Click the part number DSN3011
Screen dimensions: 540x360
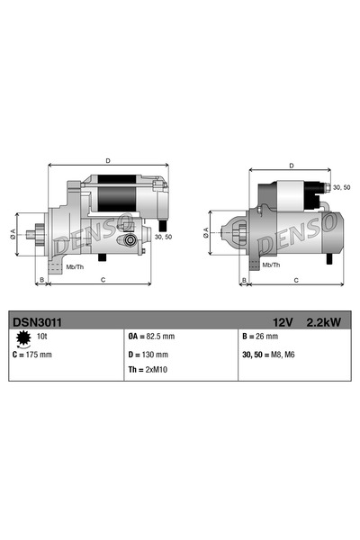(36, 320)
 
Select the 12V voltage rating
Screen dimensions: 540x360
(283, 320)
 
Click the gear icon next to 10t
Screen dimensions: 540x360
(22, 337)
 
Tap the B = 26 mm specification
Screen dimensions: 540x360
(261, 337)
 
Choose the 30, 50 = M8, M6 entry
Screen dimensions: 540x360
(273, 355)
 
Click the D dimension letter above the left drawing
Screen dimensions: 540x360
(108, 161)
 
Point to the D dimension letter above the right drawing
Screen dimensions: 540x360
(291, 166)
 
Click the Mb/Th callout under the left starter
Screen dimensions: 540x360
(75, 266)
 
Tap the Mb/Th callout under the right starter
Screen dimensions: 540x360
(271, 265)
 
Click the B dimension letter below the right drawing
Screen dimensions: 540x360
(245, 281)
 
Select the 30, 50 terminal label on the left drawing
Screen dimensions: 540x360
(163, 237)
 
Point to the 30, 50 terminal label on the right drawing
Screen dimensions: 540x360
(341, 187)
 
